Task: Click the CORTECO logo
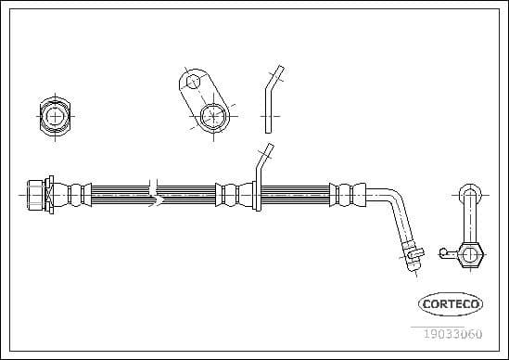pos(452,302)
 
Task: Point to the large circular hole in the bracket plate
pos(211,116)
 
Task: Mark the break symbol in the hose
pos(159,194)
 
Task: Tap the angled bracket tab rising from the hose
pos(261,166)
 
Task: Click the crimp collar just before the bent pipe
pos(346,195)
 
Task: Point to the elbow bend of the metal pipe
pos(391,199)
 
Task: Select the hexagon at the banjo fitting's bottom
pos(470,253)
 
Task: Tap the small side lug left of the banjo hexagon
pos(446,249)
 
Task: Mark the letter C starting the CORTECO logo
pos(426,303)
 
